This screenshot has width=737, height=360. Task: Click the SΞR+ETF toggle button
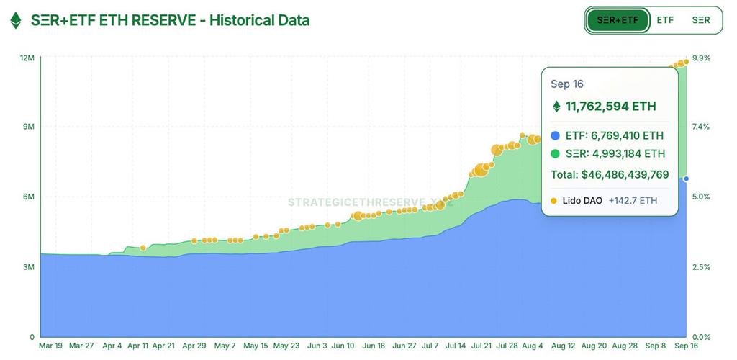click(618, 20)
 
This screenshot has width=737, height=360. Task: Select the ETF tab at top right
click(665, 20)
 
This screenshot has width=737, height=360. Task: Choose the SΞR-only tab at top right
click(701, 20)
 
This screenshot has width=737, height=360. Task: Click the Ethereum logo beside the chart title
click(16, 21)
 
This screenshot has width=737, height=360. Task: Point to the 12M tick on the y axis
click(27, 58)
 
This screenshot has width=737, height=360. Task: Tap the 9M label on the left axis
click(29, 127)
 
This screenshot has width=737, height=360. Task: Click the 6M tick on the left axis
click(29, 197)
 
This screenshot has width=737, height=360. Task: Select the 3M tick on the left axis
click(29, 267)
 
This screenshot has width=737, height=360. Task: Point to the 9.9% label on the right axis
click(701, 58)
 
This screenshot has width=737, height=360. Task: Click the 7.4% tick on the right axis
click(701, 127)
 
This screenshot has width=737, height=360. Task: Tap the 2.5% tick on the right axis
click(701, 267)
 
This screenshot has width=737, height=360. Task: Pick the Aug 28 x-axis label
click(625, 346)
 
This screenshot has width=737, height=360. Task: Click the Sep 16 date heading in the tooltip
click(566, 84)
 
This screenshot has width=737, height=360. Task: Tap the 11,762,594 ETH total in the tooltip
click(610, 107)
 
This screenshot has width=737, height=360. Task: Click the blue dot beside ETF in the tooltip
click(555, 135)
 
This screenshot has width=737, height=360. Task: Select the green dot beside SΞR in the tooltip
click(555, 153)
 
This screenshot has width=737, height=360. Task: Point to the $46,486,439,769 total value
click(610, 174)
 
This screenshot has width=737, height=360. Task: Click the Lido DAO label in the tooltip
click(582, 201)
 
